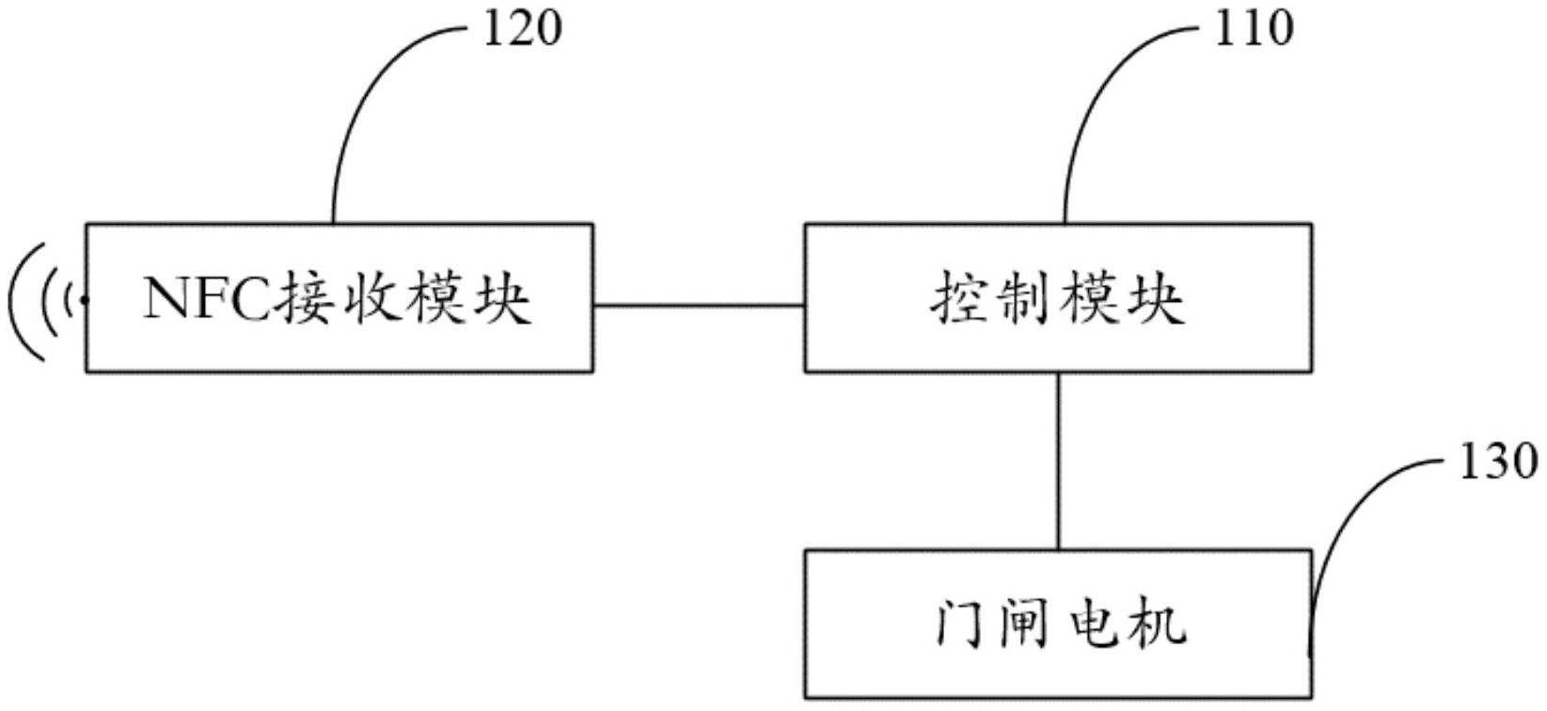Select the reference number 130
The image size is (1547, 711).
tap(1497, 464)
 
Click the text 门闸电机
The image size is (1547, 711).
tap(1059, 624)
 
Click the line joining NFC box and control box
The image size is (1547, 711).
tap(699, 306)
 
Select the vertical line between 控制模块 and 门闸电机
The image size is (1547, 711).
tap(1059, 461)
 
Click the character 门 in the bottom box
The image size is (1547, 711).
tap(961, 624)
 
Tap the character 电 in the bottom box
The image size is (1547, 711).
tap(1093, 624)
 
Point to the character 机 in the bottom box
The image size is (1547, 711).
tap(1158, 624)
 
